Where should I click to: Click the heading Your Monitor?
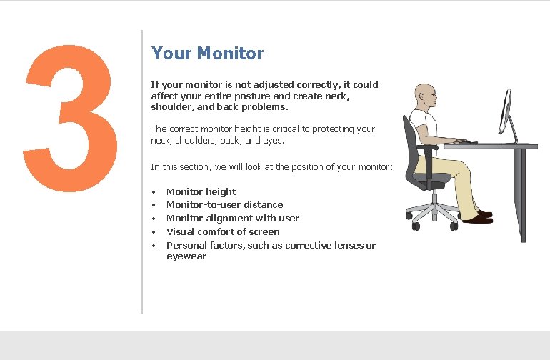pyautogui.click(x=207, y=54)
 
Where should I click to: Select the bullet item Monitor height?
pyautogui.click(x=201, y=191)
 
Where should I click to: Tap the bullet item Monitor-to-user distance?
pyautogui.click(x=224, y=204)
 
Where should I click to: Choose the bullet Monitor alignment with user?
pyautogui.click(x=232, y=218)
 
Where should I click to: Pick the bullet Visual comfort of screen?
pyautogui.click(x=223, y=231)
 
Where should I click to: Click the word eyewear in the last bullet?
pyautogui.click(x=186, y=256)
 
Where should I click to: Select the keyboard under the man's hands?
pyautogui.click(x=468, y=142)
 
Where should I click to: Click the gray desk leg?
pyautogui.click(x=524, y=194)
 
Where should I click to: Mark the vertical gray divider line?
pyautogui.click(x=141, y=171)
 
